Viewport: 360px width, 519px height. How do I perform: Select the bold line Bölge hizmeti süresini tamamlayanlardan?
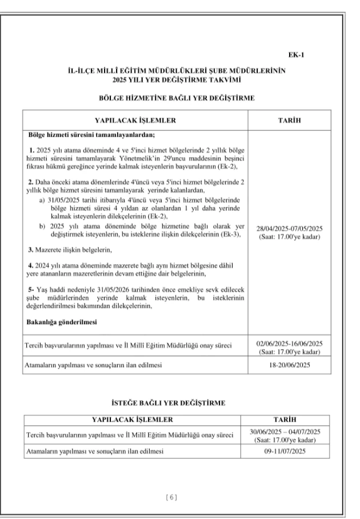click(91, 135)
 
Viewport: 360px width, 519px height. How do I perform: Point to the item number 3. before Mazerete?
click(31, 250)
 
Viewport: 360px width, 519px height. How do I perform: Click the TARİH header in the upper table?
click(290, 120)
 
